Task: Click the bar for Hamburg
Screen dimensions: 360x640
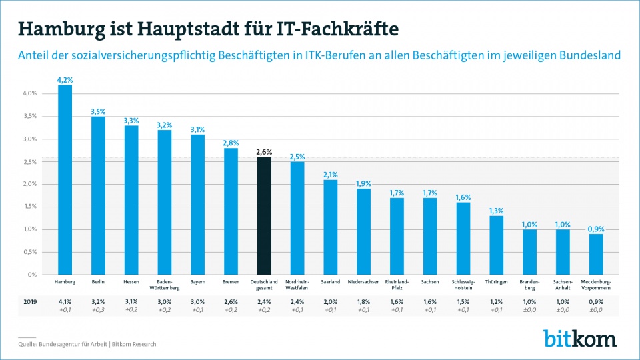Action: coord(65,180)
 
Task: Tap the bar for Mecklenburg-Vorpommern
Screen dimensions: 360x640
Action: coord(597,254)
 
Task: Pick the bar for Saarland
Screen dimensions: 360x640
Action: coord(331,227)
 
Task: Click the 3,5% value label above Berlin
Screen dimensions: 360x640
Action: coord(98,111)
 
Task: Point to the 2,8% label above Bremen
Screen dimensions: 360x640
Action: coord(231,143)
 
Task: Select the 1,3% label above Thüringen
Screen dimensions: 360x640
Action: coord(497,211)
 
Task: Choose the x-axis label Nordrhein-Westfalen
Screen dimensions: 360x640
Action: coord(298,285)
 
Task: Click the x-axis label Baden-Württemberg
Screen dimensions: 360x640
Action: coord(165,285)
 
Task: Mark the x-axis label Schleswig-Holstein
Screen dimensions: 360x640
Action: coord(463,285)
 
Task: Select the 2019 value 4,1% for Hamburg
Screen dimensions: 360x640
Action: coord(65,301)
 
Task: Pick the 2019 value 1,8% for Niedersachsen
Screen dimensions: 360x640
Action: coord(364,301)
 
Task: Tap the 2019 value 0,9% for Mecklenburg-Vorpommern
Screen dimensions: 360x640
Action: coord(597,301)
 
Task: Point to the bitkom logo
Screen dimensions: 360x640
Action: coord(579,337)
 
